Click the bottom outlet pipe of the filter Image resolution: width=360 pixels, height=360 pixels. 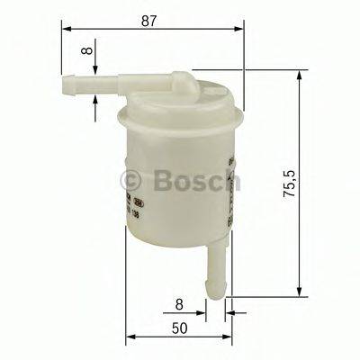click(x=218, y=269)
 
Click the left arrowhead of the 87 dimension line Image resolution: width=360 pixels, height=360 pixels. click(x=67, y=28)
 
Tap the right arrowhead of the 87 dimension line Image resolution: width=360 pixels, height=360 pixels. click(x=240, y=28)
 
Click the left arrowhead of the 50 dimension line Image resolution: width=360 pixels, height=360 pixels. click(x=129, y=338)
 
